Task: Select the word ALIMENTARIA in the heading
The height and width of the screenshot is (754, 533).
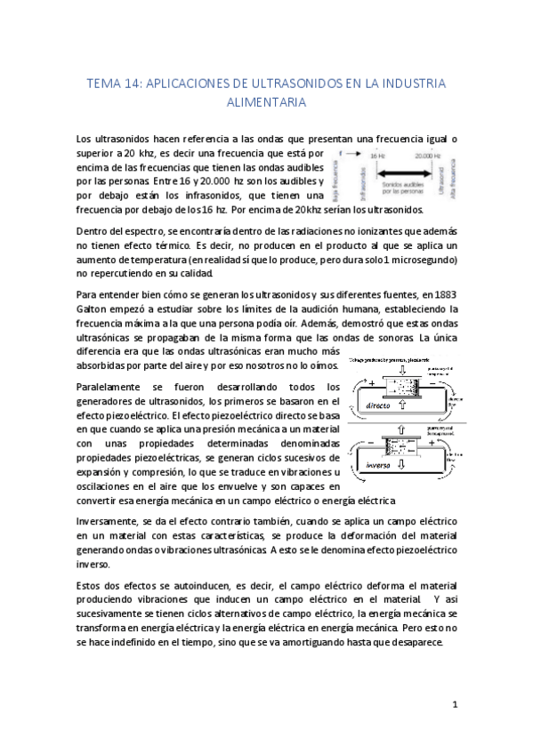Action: coord(266,102)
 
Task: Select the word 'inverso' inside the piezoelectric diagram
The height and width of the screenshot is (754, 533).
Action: coord(378,464)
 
